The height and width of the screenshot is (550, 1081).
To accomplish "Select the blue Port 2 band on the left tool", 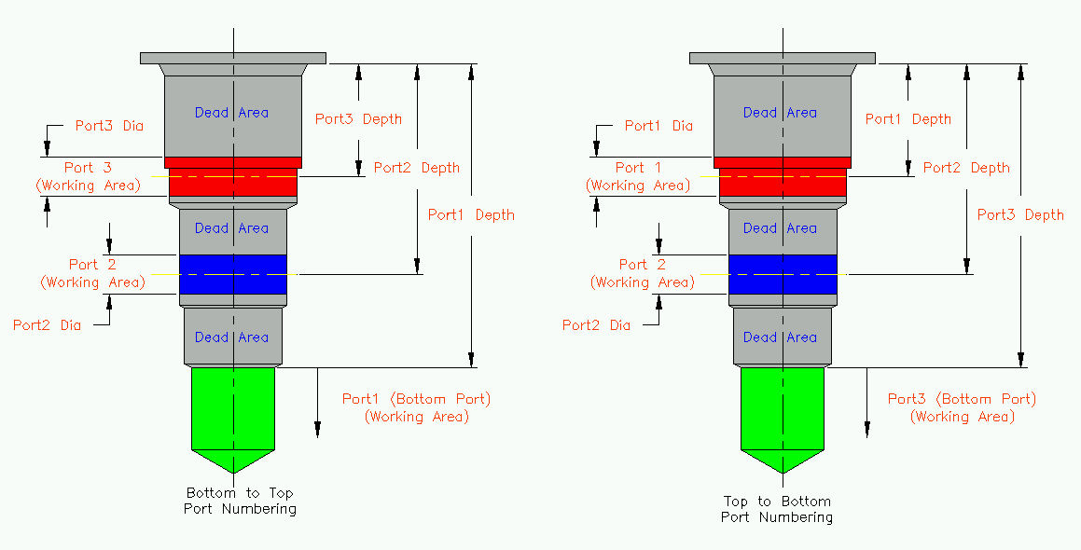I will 232,274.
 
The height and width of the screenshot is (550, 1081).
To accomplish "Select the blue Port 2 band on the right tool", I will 782,274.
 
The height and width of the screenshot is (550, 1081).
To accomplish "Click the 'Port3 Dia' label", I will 109,126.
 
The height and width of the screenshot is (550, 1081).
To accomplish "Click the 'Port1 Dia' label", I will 658,126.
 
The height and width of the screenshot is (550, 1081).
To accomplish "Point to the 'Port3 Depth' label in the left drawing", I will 358,118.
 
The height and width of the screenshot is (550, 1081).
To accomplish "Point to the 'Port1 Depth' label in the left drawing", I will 471,214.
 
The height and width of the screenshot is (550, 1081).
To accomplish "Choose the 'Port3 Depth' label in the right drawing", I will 1020,214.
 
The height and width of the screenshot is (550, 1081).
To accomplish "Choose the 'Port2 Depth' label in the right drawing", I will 966,168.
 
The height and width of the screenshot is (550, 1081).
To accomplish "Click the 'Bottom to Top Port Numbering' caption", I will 241,501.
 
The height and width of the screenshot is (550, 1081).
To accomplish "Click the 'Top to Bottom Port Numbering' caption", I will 776,509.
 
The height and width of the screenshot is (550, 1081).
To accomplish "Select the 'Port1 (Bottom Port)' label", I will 416,399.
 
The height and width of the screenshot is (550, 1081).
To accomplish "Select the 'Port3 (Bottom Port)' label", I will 962,399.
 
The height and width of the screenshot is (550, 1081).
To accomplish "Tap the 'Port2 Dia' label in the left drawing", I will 47,325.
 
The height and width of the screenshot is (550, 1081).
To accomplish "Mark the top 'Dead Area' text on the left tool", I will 231,113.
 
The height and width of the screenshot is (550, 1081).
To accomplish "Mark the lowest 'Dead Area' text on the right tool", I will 780,337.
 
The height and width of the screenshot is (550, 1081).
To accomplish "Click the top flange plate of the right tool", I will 783,58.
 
